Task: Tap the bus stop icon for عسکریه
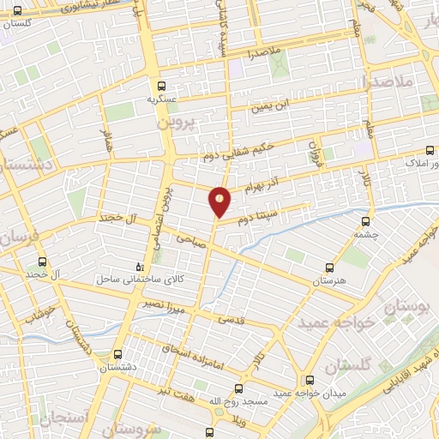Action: click(162, 86)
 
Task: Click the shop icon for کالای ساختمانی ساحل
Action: click(141, 266)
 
